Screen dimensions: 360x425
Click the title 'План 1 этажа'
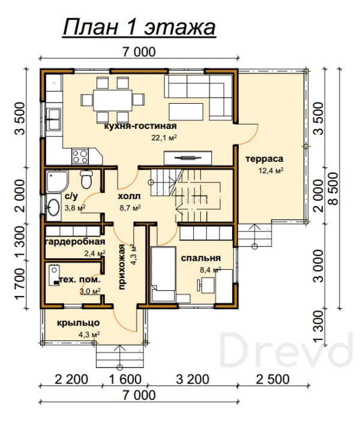(x=139, y=27)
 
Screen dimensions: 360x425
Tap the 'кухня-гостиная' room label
(x=140, y=126)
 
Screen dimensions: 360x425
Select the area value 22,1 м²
(x=164, y=138)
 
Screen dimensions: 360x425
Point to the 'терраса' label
(x=264, y=159)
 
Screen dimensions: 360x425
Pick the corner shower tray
(x=57, y=182)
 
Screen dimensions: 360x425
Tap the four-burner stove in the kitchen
(x=80, y=156)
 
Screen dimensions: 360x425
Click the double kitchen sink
(x=53, y=119)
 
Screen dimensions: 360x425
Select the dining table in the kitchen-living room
(x=113, y=100)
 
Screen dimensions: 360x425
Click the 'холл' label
(x=129, y=195)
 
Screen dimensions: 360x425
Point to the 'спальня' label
(x=201, y=258)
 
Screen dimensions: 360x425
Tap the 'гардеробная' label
(x=74, y=241)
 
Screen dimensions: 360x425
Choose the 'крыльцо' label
(x=79, y=323)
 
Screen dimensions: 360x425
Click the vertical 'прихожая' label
(x=122, y=267)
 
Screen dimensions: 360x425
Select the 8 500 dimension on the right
(x=334, y=189)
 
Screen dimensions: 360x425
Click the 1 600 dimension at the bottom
(x=125, y=379)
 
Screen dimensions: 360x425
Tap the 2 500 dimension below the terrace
(x=272, y=379)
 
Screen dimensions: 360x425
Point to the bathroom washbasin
(x=53, y=207)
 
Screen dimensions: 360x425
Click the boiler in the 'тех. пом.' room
(x=54, y=275)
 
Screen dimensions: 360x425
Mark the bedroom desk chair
(x=200, y=286)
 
